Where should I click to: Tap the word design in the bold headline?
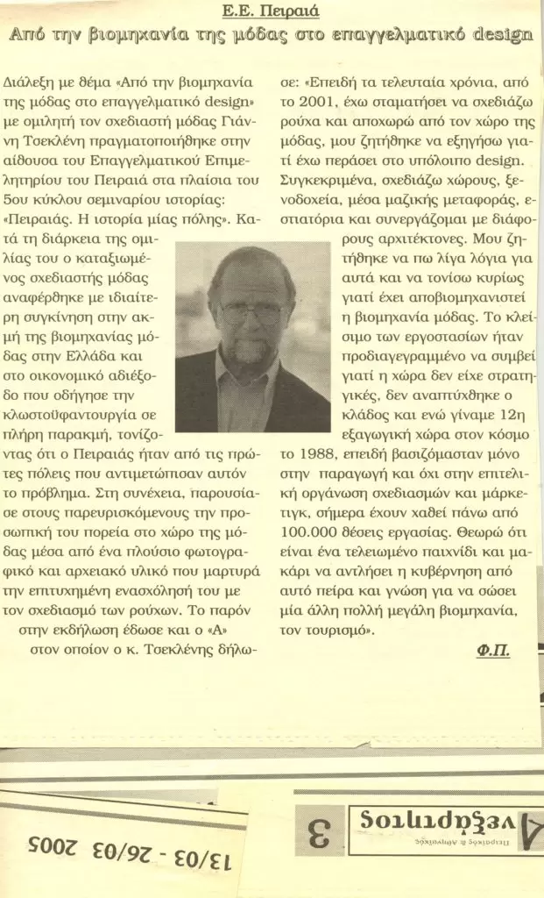pyautogui.click(x=501, y=36)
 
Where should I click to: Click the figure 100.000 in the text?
pyautogui.click(x=313, y=533)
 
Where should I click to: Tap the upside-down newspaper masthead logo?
pyautogui.click(x=447, y=825)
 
